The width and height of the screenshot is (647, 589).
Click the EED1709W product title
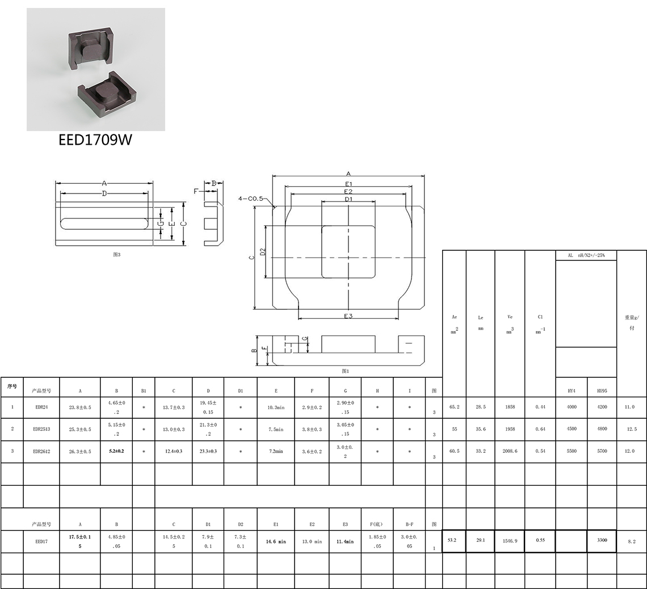pyautogui.click(x=95, y=140)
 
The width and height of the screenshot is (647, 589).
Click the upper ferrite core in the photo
pyautogui.click(x=90, y=48)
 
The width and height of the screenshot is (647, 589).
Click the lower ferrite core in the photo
pyautogui.click(x=107, y=94)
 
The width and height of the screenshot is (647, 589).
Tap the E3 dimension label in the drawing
pyautogui.click(x=348, y=316)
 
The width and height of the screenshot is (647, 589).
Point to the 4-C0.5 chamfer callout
pyautogui.click(x=250, y=199)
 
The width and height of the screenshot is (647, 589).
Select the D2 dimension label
pyautogui.click(x=263, y=251)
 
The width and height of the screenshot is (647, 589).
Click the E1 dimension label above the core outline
pyautogui.click(x=348, y=183)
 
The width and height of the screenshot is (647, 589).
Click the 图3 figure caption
pyautogui.click(x=117, y=254)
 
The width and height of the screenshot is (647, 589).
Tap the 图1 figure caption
pyautogui.click(x=346, y=371)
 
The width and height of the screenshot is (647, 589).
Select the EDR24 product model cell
pyautogui.click(x=41, y=407)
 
